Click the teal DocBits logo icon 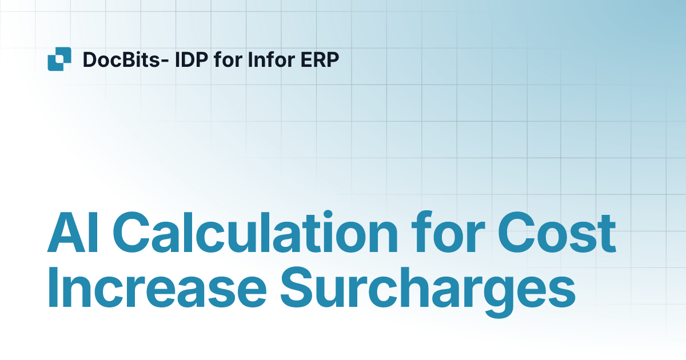tap(59, 59)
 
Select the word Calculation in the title tap(254, 234)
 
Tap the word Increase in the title tap(157, 289)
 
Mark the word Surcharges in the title tap(428, 289)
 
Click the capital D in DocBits tap(89, 59)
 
